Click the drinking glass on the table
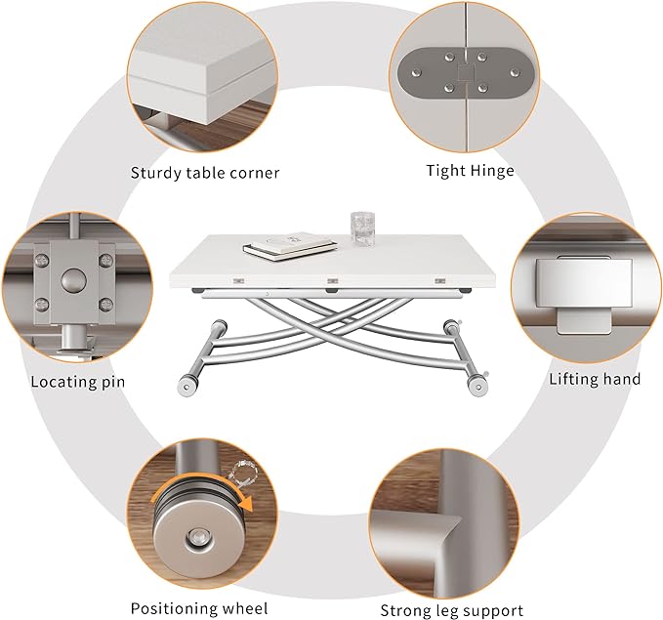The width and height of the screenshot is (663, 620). (363, 227)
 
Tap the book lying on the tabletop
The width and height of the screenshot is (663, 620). (290, 246)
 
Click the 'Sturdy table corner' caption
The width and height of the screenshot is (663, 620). (205, 173)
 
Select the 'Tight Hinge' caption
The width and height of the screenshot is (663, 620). (471, 171)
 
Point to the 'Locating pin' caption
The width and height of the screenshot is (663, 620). (78, 382)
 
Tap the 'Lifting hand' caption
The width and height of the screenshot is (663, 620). (595, 379)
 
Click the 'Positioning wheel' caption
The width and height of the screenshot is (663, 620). (199, 608)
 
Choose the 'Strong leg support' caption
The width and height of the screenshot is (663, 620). (451, 610)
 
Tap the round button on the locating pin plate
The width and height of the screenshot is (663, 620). (73, 280)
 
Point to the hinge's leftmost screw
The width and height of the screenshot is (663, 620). (417, 73)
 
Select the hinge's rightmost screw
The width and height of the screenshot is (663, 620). (515, 73)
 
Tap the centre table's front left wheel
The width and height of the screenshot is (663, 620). (186, 386)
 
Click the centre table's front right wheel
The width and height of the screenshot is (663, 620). (477, 387)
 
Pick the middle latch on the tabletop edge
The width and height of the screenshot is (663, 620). (333, 281)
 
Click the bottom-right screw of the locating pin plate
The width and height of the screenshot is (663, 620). (105, 304)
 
